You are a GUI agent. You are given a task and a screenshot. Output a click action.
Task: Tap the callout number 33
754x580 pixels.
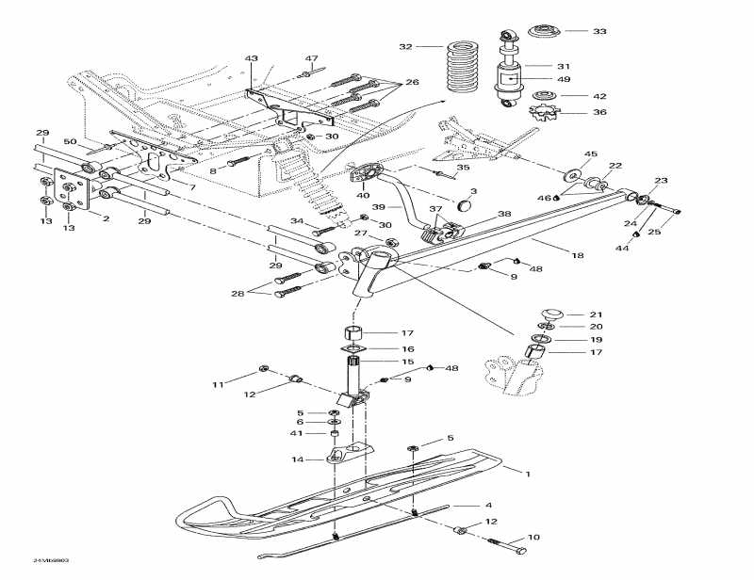[599, 32]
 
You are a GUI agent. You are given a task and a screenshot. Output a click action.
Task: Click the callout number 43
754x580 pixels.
[252, 58]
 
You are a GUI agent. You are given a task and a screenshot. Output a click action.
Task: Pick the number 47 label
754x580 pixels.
[311, 58]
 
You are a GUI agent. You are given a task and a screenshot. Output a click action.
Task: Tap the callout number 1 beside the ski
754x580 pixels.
[528, 474]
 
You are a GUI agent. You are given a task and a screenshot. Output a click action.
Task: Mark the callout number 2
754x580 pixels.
[106, 217]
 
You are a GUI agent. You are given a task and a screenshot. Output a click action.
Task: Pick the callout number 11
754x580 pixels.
[218, 385]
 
